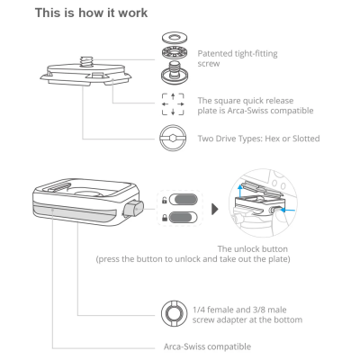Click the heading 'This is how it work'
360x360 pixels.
[92, 13]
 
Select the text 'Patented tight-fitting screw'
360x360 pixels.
[238, 58]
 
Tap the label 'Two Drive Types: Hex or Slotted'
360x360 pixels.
[258, 139]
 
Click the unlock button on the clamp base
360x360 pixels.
[133, 209]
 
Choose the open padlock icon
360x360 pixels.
[164, 200]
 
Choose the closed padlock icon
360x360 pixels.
[164, 218]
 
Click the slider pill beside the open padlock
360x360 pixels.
[184, 200]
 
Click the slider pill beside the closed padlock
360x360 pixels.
[184, 217]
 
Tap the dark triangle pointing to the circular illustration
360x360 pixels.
[215, 210]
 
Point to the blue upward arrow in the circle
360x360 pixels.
[239, 191]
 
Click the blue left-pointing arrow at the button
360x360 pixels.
[289, 210]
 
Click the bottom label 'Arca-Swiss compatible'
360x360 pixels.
[207, 346]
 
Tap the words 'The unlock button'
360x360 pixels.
[253, 249]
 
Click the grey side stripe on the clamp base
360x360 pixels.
[75, 211]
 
